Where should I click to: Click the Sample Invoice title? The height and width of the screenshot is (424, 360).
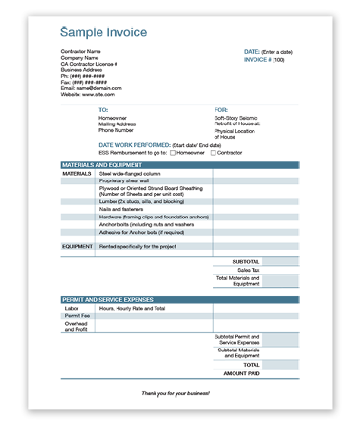pos(104,33)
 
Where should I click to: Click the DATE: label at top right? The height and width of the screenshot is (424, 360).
pos(252,51)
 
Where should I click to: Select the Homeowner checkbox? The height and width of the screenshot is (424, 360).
pos(174,153)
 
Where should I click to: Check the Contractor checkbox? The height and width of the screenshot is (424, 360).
pos(214,153)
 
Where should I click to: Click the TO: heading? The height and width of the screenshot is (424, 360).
pos(103,110)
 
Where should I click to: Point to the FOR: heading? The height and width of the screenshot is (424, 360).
pos(221,110)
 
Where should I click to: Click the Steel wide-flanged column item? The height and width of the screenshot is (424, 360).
pos(130,173)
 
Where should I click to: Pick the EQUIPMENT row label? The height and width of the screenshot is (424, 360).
pos(77,246)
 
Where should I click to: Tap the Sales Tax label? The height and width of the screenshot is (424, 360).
pos(248,270)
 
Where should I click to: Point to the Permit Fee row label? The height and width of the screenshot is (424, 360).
pos(77,316)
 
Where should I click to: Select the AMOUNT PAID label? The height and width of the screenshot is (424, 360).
pos(242,374)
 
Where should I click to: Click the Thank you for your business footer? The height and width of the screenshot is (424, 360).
pos(176,394)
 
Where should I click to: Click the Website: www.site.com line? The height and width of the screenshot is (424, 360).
pos(88,95)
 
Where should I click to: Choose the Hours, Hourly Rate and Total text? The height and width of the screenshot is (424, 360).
pos(132,308)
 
